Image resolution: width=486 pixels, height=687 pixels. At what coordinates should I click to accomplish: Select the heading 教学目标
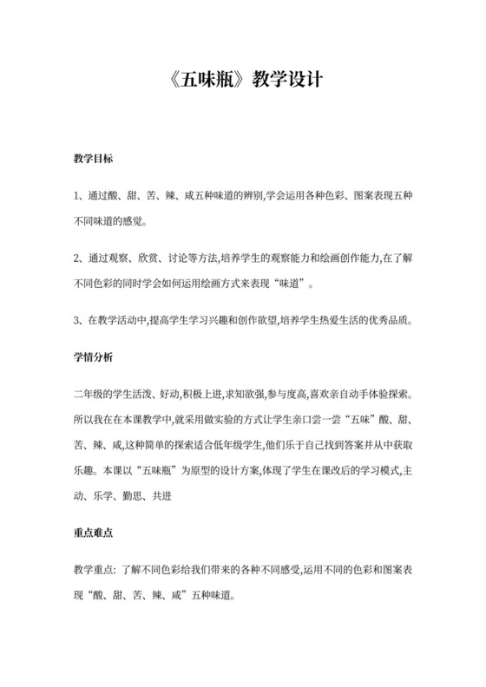pyautogui.click(x=93, y=160)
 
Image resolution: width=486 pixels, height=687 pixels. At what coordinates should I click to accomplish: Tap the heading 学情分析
pyautogui.click(x=93, y=356)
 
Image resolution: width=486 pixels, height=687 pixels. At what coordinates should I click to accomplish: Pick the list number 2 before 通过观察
pyautogui.click(x=76, y=258)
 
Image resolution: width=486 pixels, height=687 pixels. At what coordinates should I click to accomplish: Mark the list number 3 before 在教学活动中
pyautogui.click(x=76, y=320)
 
